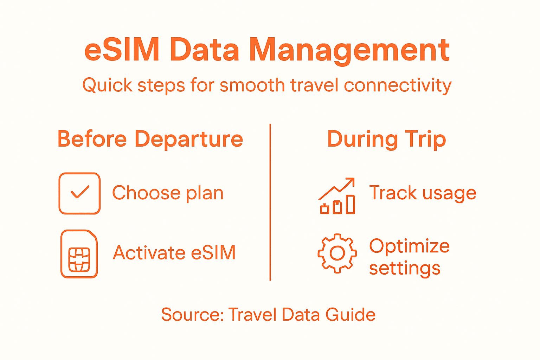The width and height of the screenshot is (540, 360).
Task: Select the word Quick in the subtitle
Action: pyautogui.click(x=107, y=85)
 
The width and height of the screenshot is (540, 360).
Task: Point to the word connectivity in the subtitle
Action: pyautogui.click(x=397, y=85)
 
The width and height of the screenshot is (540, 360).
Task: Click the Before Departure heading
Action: pyautogui.click(x=150, y=139)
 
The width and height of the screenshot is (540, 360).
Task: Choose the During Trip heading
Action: pyautogui.click(x=386, y=139)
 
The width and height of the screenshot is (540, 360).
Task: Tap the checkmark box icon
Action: pyautogui.click(x=80, y=193)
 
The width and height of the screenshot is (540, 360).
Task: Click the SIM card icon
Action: pyautogui.click(x=79, y=254)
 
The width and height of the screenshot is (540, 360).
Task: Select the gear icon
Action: pyautogui.click(x=337, y=253)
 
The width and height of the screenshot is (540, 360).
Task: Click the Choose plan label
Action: pyautogui.click(x=168, y=193)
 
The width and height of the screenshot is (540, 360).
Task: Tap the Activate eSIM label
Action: pyautogui.click(x=174, y=253)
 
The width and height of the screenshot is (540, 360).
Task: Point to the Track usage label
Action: pyautogui.click(x=423, y=193)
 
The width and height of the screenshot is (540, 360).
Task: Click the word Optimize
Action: pyautogui.click(x=409, y=246)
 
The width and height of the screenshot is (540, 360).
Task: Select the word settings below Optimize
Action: pyautogui.click(x=405, y=269)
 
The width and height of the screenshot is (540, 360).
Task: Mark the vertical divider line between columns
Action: pyautogui.click(x=270, y=202)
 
